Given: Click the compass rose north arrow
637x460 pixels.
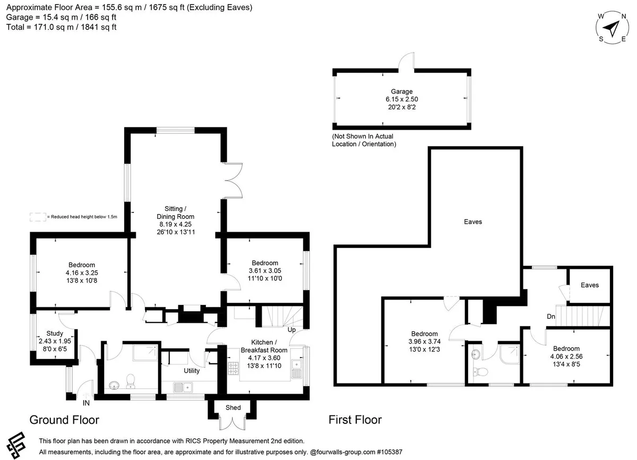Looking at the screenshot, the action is (x=611, y=29).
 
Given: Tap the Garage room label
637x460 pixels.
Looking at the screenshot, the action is (x=401, y=91).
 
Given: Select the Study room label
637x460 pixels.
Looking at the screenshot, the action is (x=55, y=334).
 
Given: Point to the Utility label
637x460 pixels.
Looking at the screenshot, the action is (x=192, y=371).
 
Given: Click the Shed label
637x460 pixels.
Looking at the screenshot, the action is (x=233, y=407).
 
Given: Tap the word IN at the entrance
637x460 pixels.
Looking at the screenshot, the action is (x=86, y=403).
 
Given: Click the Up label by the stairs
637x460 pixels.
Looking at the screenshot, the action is (x=291, y=330).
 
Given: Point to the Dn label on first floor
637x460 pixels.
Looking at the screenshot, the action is (x=551, y=317).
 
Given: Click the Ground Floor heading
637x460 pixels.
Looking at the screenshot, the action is (x=64, y=420).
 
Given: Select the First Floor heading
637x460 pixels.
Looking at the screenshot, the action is (x=355, y=420).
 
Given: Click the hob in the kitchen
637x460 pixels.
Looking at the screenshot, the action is (x=233, y=368).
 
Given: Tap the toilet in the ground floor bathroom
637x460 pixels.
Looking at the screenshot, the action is (x=130, y=381).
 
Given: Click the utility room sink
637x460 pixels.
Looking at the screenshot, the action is (x=183, y=387).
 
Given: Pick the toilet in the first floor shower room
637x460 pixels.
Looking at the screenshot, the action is (x=480, y=371).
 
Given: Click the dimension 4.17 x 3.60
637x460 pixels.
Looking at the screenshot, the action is (x=264, y=358).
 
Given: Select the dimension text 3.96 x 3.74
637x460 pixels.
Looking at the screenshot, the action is (x=424, y=342).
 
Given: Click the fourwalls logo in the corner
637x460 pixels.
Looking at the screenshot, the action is (x=16, y=445).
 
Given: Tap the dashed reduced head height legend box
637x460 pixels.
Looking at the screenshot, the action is (x=38, y=217).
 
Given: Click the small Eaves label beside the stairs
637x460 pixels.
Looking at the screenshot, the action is (x=590, y=285).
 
